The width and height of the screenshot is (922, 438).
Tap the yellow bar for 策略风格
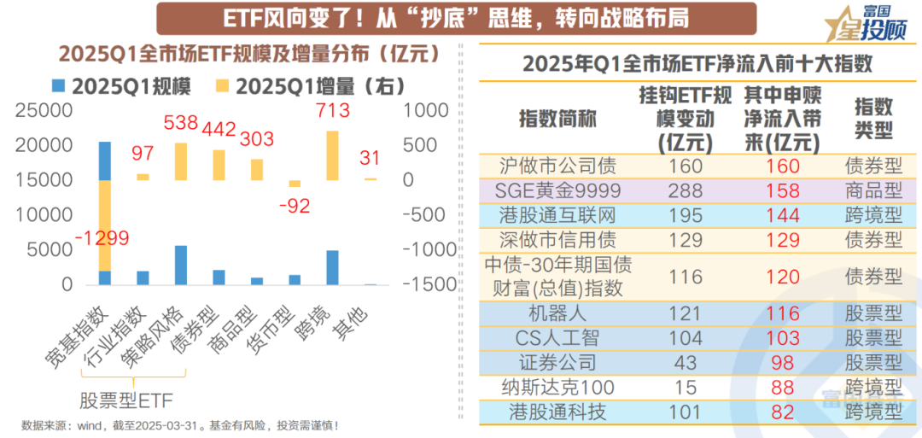point(181,161)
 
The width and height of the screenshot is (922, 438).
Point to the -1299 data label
point(102,239)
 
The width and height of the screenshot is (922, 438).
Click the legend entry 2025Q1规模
point(120,87)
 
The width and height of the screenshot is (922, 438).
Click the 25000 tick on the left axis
point(42,111)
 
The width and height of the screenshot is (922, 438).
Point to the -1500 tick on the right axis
point(424,285)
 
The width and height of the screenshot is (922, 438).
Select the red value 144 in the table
point(783,216)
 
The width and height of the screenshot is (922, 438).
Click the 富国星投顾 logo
point(862,24)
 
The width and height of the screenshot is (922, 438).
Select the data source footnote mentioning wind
point(180,425)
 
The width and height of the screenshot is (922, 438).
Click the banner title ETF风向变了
point(444,18)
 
